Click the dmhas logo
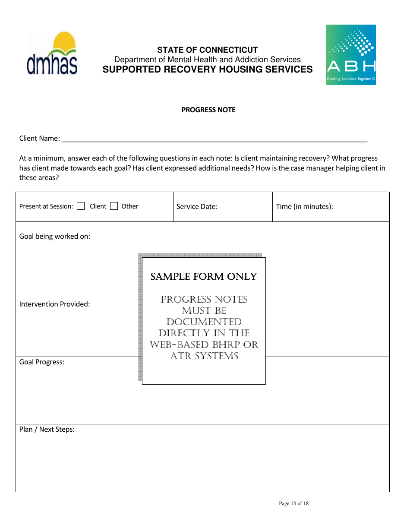52,54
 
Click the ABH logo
351,55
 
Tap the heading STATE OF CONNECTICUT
207,50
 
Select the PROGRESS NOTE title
208,110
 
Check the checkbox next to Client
81,206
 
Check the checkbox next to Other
114,206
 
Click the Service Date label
197,207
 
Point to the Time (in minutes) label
304,207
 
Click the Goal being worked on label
55,237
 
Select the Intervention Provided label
54,304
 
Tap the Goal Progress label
42,362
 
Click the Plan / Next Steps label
47,430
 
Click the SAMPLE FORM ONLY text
204,277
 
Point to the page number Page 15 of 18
293,503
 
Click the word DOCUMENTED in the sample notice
204,322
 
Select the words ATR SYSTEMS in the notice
204,356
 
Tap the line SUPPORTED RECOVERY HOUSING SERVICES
207,70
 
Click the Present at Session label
46,207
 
